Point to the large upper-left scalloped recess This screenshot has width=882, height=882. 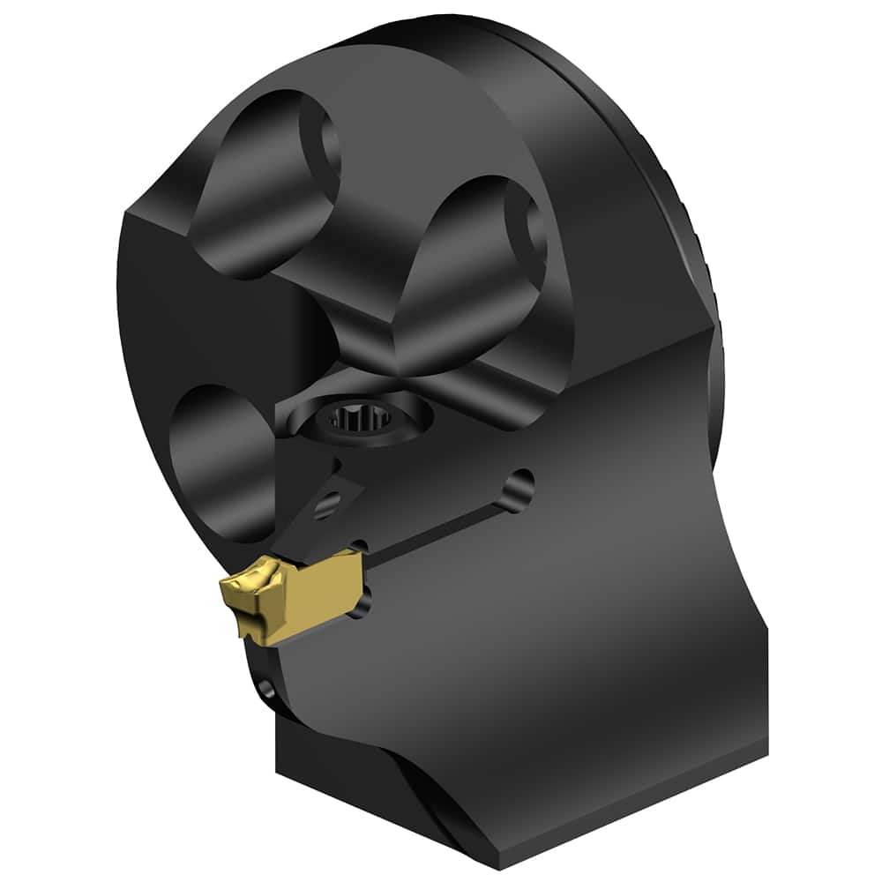pos(265,190)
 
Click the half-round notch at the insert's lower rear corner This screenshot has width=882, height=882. pos(360,605)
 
